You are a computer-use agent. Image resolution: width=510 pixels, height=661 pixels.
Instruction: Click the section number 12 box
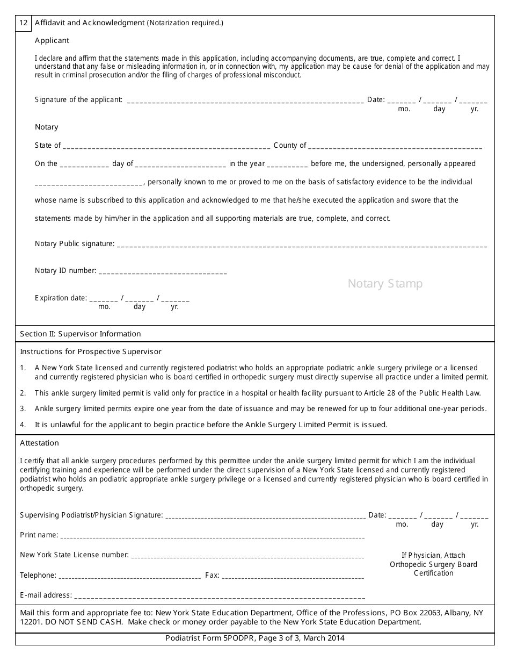coord(24,23)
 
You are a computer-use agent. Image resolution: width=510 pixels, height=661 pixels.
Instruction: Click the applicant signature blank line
coord(245,100)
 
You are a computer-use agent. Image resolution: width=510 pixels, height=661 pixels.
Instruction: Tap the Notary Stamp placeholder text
coord(385,284)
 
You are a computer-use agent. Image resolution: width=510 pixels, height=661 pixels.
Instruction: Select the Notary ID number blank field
coord(163,272)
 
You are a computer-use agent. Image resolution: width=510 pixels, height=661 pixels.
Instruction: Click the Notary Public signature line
coord(302,245)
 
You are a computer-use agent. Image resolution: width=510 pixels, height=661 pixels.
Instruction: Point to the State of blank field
coord(166,146)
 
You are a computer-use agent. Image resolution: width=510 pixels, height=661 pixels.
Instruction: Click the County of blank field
coord(396,146)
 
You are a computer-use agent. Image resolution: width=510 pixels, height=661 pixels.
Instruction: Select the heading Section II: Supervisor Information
coord(81,334)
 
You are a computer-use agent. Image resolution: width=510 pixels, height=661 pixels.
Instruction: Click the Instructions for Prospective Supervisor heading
coord(91,351)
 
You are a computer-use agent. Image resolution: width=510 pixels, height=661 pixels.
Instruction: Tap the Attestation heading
coord(39,443)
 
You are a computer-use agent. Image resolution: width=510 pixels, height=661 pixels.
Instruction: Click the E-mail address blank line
coord(219,597)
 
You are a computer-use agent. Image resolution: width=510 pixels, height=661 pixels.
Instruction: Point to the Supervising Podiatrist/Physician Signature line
coord(265,516)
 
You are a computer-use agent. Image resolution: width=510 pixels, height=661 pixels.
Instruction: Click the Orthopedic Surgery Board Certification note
coord(433,564)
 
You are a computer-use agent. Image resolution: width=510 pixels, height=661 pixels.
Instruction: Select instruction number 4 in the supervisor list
coord(210,425)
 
